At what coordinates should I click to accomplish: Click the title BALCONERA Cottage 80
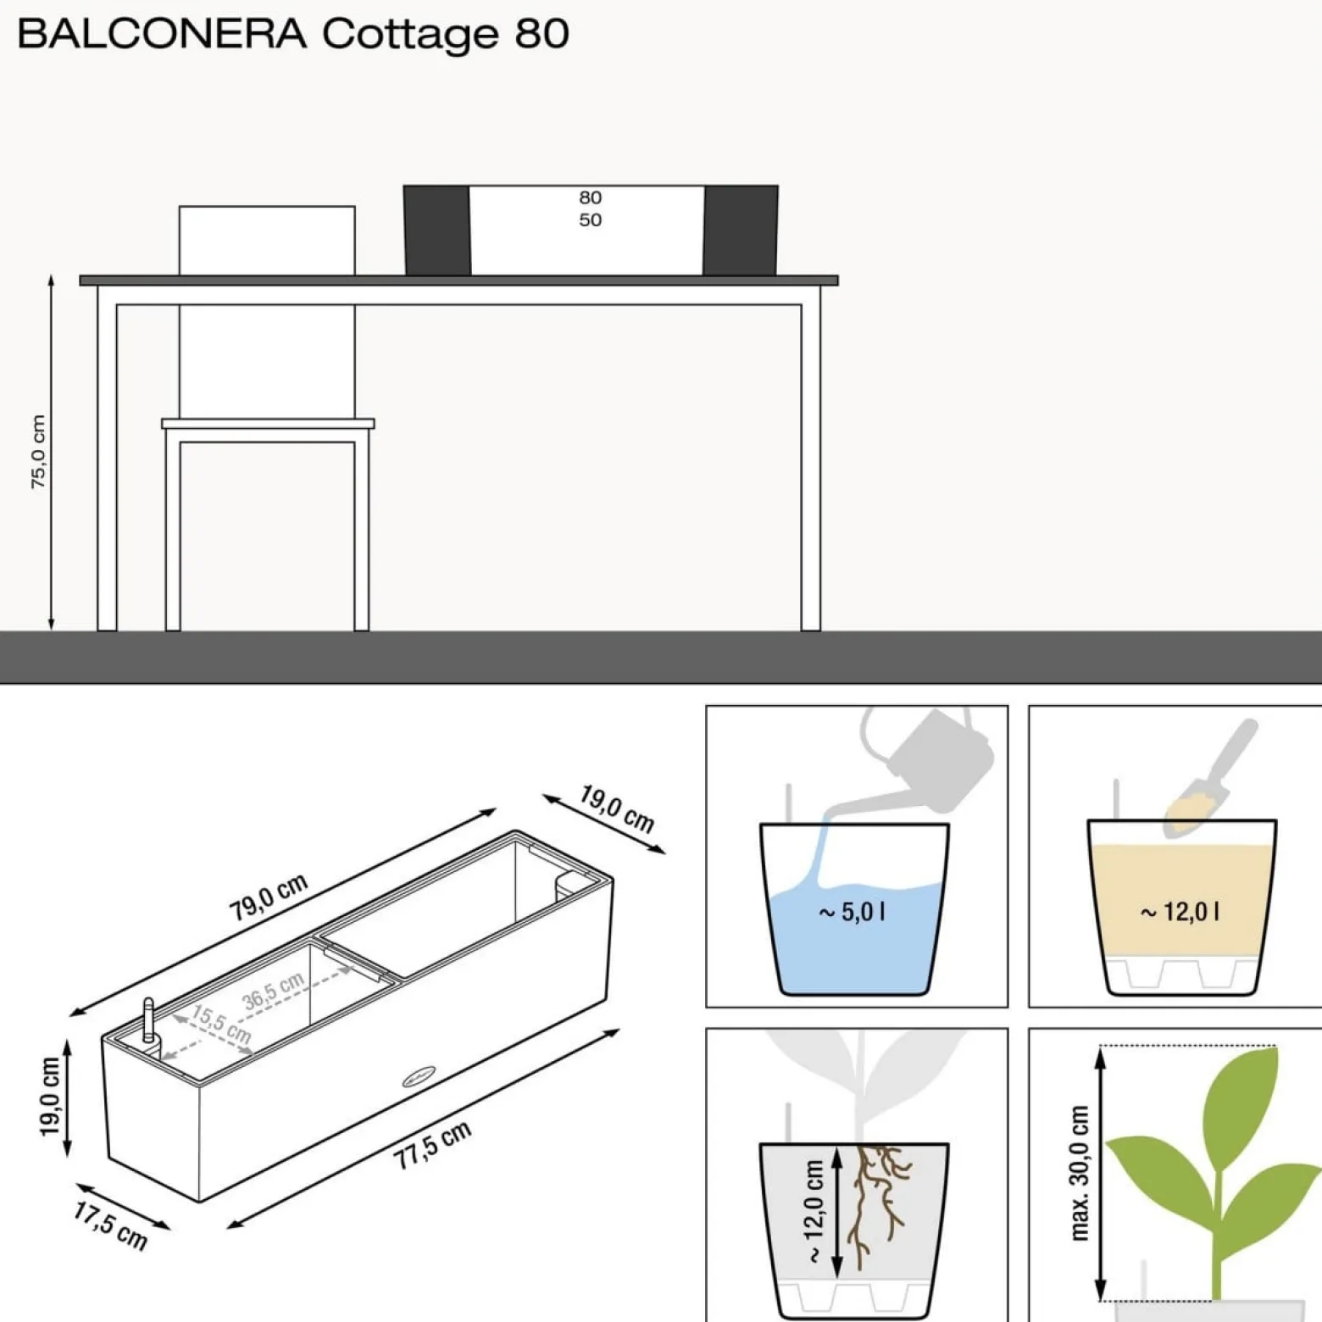tap(293, 34)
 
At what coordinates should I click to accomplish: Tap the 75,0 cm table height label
tap(38, 451)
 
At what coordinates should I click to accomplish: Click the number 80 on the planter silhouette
tap(591, 197)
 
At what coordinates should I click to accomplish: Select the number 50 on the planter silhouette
tap(591, 219)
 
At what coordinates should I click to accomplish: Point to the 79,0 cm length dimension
tap(268, 897)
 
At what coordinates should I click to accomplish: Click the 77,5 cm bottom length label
tap(432, 1146)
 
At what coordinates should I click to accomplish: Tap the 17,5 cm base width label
tap(110, 1225)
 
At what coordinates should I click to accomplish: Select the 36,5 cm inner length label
tap(273, 991)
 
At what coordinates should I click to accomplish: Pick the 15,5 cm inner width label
tap(222, 1025)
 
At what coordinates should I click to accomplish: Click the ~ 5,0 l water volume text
tap(852, 912)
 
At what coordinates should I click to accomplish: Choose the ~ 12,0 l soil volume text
tap(1180, 912)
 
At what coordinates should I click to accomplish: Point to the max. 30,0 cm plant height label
tap(1079, 1173)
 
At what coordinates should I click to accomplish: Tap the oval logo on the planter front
tap(419, 1077)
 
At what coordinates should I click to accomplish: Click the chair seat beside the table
tap(268, 424)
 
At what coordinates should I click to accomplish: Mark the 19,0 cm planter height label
tap(50, 1097)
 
